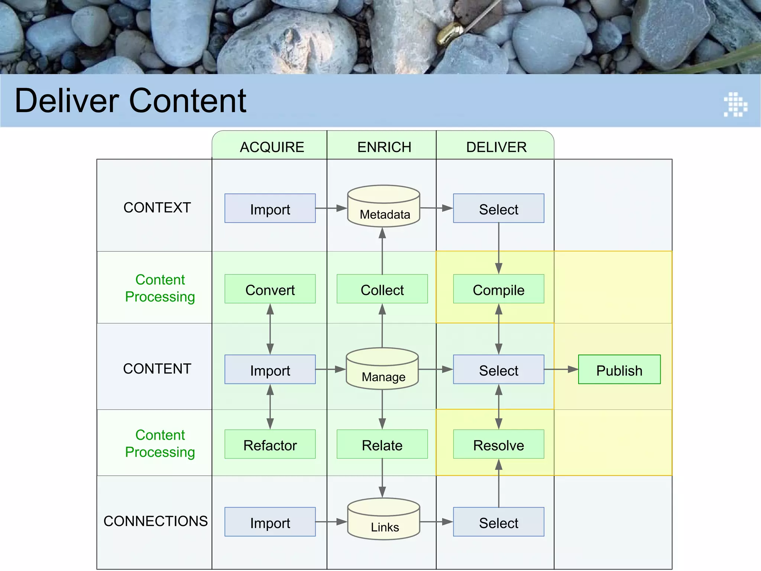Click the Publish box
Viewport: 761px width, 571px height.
pyautogui.click(x=619, y=370)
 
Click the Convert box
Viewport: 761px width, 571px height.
pyautogui.click(x=270, y=289)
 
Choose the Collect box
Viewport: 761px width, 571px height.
pyautogui.click(x=382, y=289)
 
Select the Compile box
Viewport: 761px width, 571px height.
pyautogui.click(x=498, y=289)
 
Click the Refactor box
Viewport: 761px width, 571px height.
pyautogui.click(x=270, y=445)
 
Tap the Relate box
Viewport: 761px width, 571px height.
pyautogui.click(x=382, y=445)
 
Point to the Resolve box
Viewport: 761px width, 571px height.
pyautogui.click(x=498, y=445)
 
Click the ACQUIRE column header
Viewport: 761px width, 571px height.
pyautogui.click(x=272, y=147)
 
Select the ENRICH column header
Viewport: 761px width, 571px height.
pyautogui.click(x=384, y=147)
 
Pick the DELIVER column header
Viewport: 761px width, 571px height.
pyautogui.click(x=496, y=147)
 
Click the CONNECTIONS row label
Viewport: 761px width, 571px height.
pyautogui.click(x=155, y=521)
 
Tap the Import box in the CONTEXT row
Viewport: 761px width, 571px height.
pyautogui.click(x=270, y=209)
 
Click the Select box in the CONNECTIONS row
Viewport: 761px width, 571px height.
pyautogui.click(x=498, y=522)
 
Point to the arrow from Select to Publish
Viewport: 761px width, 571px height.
pyautogui.click(x=561, y=370)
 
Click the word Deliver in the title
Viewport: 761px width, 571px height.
pyautogui.click(x=67, y=101)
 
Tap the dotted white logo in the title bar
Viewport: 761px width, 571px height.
pyautogui.click(x=735, y=104)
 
